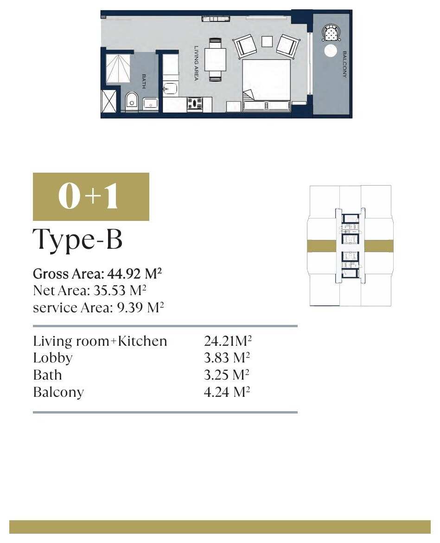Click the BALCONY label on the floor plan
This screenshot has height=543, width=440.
click(x=344, y=65)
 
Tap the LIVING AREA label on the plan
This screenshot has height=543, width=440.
click(x=196, y=64)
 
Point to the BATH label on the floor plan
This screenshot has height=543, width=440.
click(x=144, y=81)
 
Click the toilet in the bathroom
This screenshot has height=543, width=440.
click(x=131, y=101)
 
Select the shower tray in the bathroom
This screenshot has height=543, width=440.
click(x=118, y=69)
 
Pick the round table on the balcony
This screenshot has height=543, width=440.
click(x=330, y=51)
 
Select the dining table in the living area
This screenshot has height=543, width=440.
click(x=215, y=60)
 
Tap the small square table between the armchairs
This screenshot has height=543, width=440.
click(x=267, y=42)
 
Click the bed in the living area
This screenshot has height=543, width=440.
click(x=266, y=84)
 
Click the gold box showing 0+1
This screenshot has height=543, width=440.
click(x=91, y=196)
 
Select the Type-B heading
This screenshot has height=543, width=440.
click(x=77, y=239)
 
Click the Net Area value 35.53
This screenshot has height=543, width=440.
click(x=109, y=291)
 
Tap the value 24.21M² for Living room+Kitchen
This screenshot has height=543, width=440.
click(x=228, y=341)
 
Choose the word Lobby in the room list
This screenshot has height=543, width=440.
click(x=53, y=358)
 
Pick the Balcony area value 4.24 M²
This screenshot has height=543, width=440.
click(x=227, y=392)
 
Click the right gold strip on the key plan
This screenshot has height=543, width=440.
click(x=378, y=246)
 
